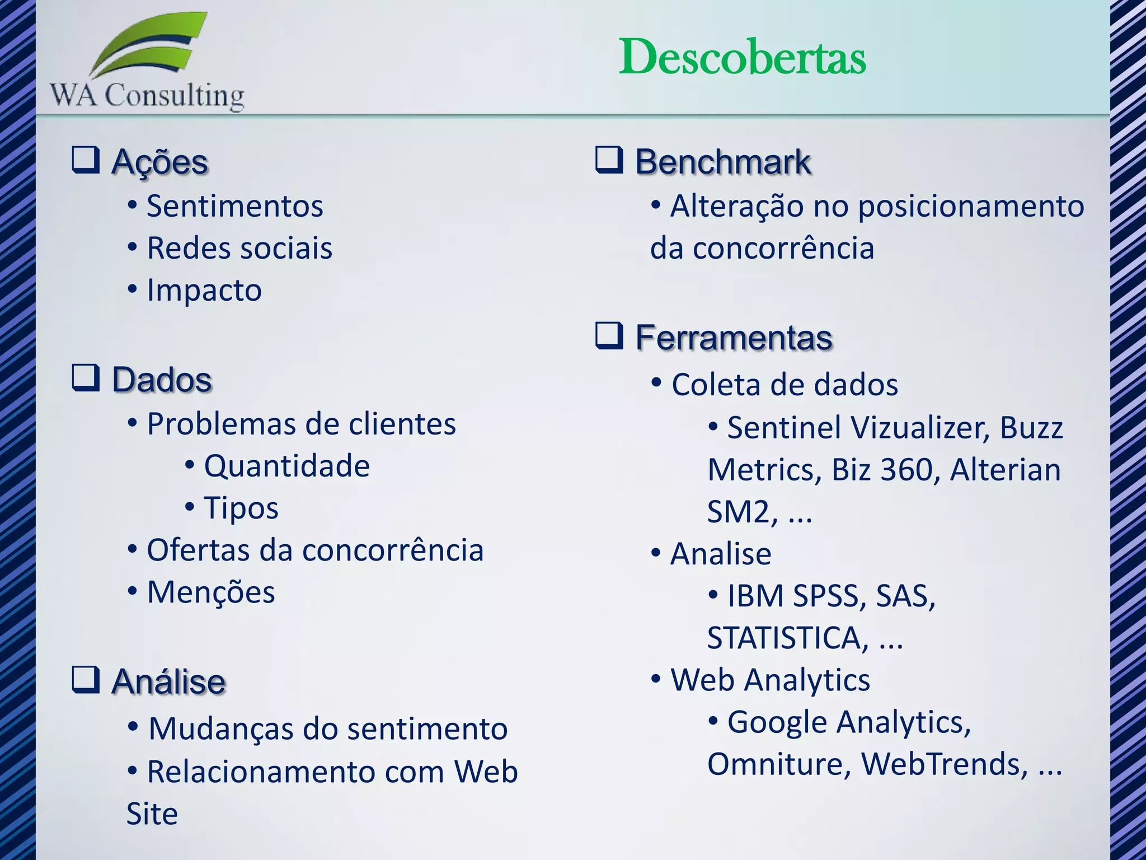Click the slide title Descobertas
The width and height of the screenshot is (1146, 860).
point(742,57)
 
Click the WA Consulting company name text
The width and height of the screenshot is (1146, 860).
point(147,95)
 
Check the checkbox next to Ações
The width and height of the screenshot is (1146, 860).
point(86,160)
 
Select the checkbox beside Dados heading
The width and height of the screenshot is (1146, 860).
point(86,378)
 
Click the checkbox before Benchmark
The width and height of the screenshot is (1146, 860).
point(609,160)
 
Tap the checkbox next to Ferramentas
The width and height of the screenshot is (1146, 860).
point(609,336)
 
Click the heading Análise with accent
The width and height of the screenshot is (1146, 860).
point(168,681)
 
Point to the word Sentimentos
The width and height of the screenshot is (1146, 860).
point(235,206)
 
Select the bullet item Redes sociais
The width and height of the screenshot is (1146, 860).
point(239,248)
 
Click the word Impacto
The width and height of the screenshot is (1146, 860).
point(204,290)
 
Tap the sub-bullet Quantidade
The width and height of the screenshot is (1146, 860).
point(286,466)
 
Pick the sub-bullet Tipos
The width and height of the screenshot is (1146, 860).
point(241,508)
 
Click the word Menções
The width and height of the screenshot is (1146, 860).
point(211,592)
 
